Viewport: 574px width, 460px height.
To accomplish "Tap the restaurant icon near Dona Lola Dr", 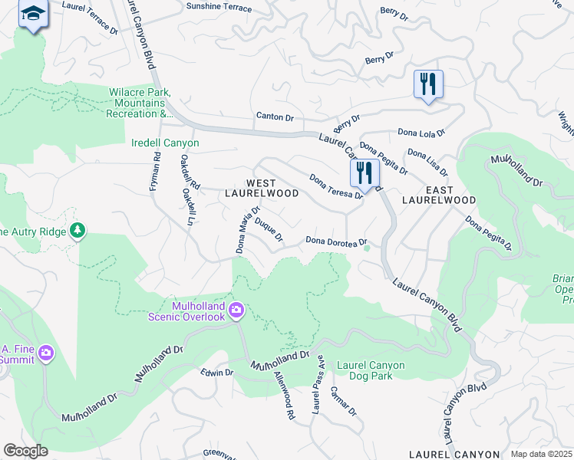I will (x=428, y=84).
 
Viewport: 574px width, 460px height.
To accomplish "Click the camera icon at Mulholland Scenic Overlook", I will (x=236, y=310).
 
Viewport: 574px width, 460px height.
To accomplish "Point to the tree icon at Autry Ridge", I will (x=77, y=230).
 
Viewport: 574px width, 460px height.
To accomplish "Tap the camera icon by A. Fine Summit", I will (x=47, y=353).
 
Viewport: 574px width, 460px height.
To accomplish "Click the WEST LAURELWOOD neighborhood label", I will (x=262, y=188).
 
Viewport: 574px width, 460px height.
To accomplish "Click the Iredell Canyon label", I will (x=165, y=143).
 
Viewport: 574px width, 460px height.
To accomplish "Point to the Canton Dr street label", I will (x=275, y=117).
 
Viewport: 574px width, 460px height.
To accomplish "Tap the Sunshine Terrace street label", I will (x=219, y=7).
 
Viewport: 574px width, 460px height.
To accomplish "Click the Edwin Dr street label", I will (x=216, y=373).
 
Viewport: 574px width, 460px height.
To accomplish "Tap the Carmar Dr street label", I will (x=343, y=399).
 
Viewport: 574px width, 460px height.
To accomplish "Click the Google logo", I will (x=26, y=450).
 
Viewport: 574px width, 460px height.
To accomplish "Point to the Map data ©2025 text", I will (x=540, y=454).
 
